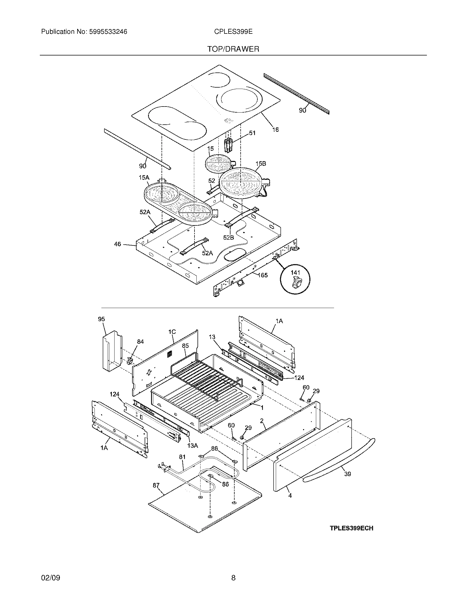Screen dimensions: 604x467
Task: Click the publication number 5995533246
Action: pos(108,32)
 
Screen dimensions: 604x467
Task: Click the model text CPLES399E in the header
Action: pos(233,32)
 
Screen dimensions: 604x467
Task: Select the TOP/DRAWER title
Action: pos(233,49)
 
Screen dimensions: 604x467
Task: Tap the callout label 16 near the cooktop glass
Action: pos(275,129)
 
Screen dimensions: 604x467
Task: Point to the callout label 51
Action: pos(252,133)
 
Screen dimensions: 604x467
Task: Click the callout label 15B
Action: pos(261,163)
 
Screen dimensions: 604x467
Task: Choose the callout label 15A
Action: pos(144,178)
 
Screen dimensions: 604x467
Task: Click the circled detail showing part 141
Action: pos(295,278)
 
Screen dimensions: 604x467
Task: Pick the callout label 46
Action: pos(118,244)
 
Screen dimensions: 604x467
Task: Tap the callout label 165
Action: pos(263,275)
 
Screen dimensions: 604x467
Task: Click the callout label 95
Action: pos(102,319)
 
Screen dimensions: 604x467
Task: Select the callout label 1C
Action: pos(172,332)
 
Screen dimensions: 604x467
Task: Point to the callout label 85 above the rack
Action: pos(185,346)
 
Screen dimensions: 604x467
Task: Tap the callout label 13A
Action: pos(193,446)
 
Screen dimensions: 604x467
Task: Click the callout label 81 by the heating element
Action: pos(182,457)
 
